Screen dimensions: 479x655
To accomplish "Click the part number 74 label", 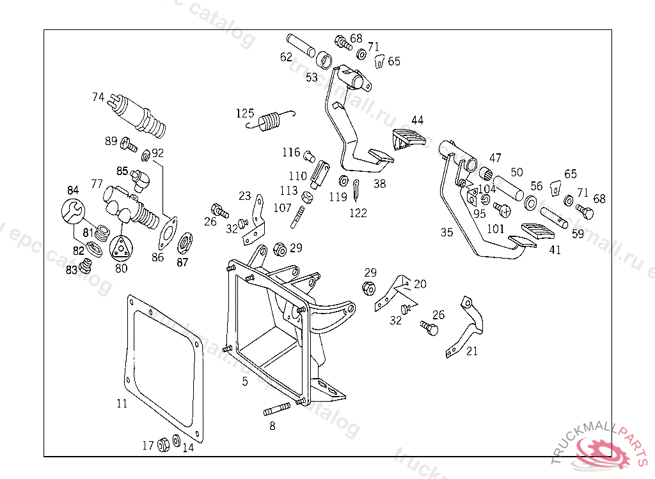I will [98, 97].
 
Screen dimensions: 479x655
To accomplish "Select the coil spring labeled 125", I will [271, 120].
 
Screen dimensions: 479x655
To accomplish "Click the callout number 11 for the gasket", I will [122, 404].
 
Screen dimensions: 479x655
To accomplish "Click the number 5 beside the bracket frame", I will [245, 381].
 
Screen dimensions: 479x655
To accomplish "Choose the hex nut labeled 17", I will [162, 443].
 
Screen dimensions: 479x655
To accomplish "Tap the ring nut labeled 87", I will [184, 242].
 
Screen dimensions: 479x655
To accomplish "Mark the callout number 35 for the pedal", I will [446, 232].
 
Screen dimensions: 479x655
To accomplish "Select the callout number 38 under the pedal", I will [380, 183].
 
